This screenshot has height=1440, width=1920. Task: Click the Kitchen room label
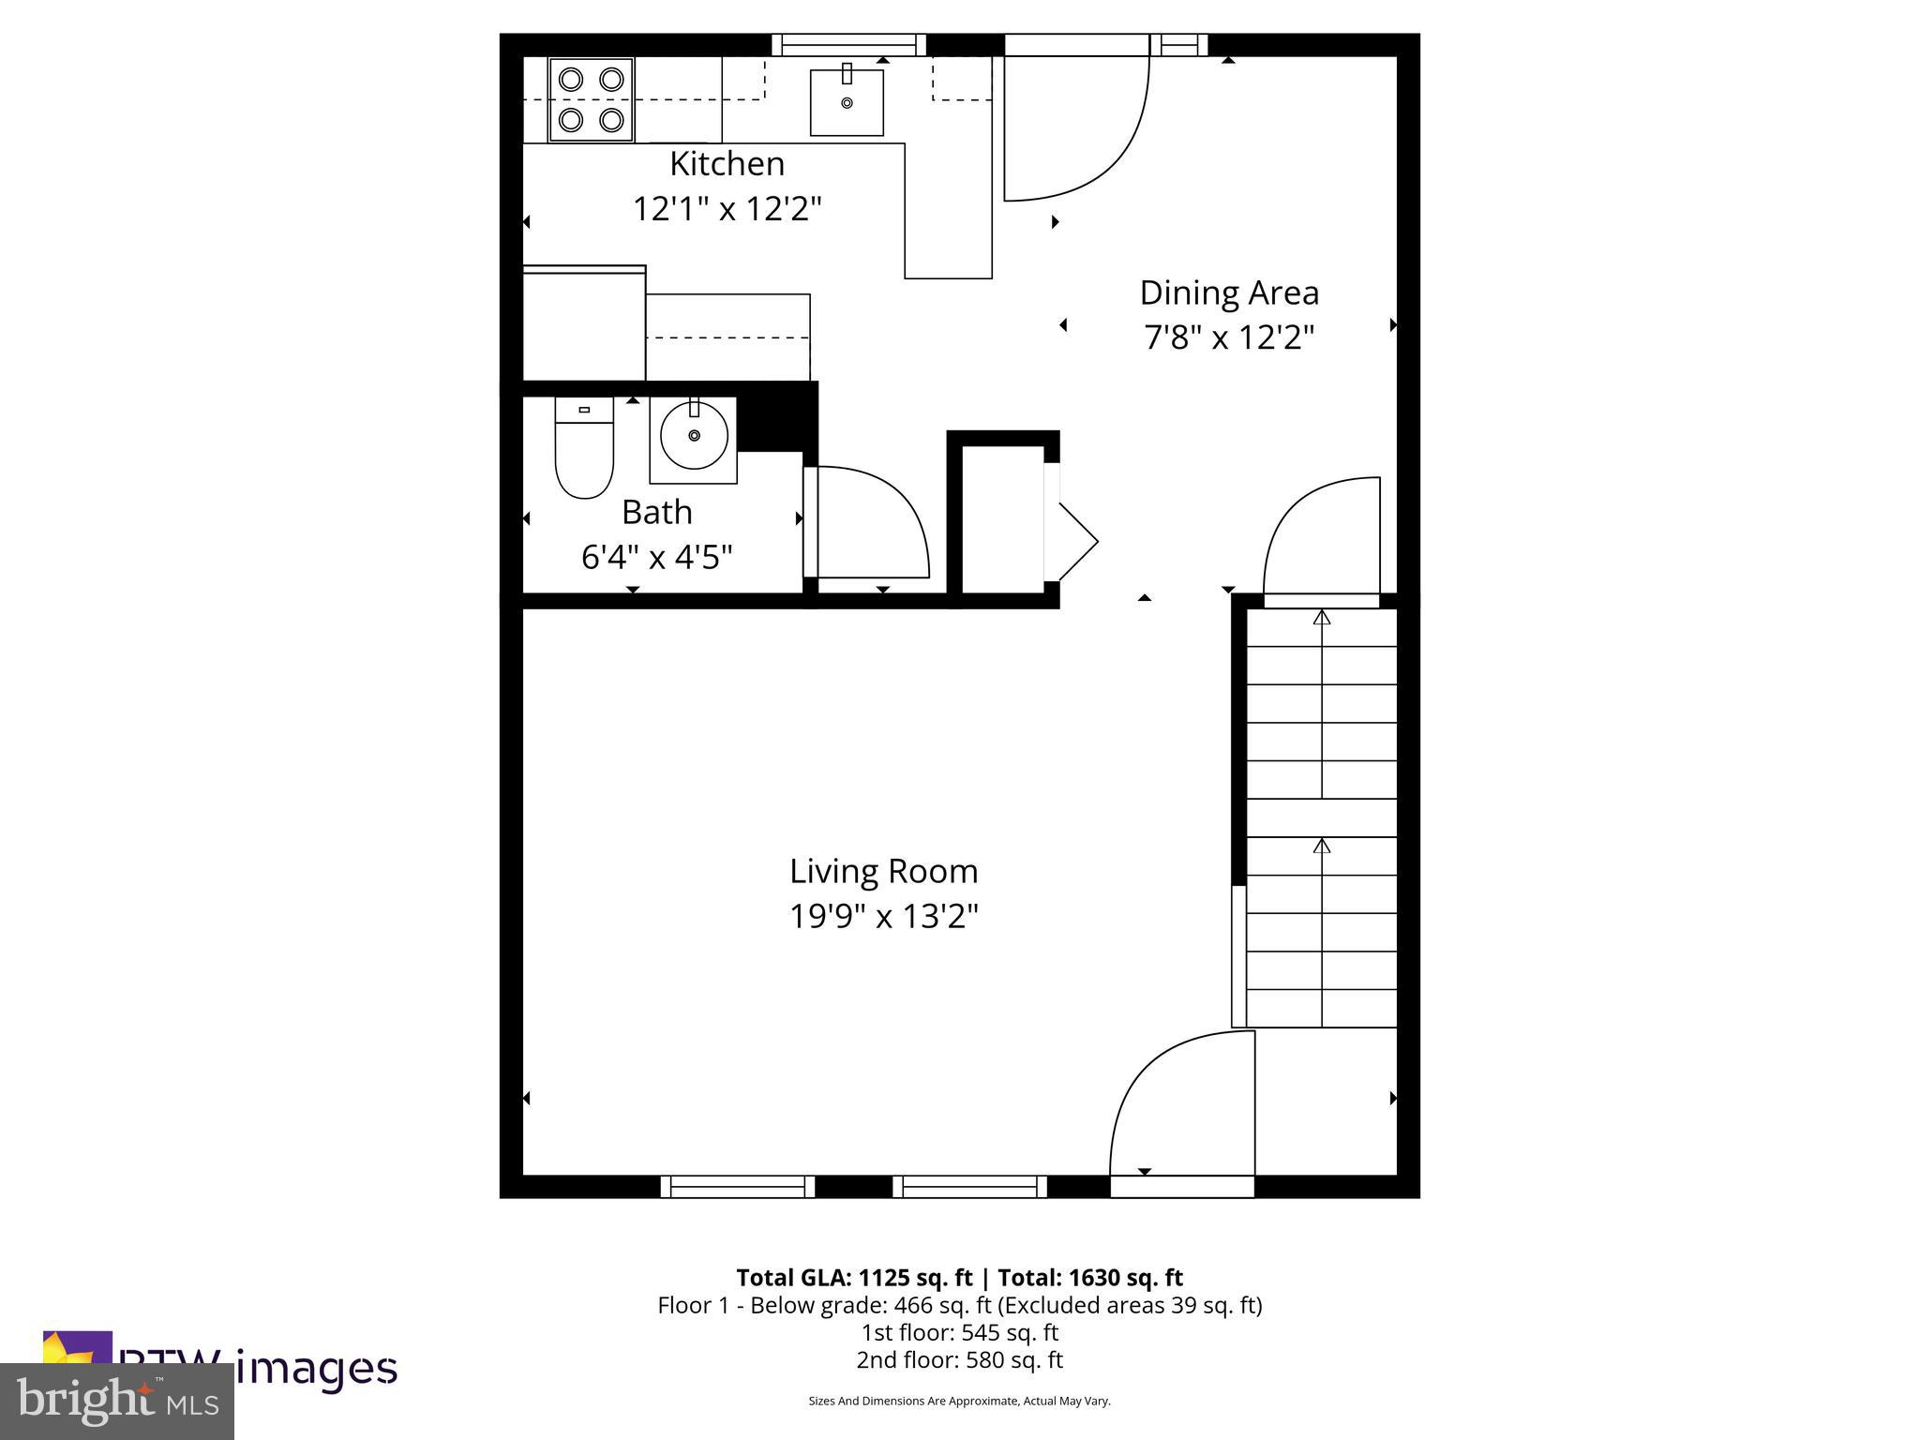tap(727, 164)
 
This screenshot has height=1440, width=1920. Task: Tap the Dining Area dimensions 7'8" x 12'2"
tap(1229, 337)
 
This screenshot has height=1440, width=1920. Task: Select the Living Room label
tap(883, 872)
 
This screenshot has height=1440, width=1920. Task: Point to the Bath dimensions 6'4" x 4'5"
tap(656, 558)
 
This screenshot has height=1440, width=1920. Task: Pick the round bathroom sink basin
tap(694, 437)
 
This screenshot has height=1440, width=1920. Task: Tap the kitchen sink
tap(847, 102)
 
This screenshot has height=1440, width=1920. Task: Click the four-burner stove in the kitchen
tap(591, 100)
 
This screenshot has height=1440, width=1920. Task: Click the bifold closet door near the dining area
tap(1074, 542)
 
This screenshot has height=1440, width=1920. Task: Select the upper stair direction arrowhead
tap(1322, 618)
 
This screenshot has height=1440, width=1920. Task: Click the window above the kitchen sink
tap(848, 45)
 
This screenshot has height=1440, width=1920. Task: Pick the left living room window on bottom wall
tap(738, 1187)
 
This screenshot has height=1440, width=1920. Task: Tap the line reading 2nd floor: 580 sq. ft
tap(959, 1359)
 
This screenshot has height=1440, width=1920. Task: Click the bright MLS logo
tap(117, 1402)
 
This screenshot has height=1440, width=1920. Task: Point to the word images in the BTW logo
tap(316, 1368)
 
